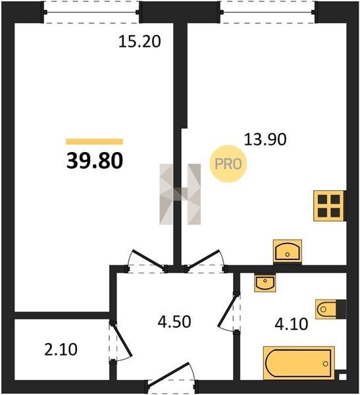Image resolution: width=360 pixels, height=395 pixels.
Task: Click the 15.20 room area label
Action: click(x=140, y=41)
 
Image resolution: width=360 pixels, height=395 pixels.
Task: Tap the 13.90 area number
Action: click(x=265, y=140)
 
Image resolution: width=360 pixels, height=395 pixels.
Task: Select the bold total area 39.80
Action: click(x=95, y=161)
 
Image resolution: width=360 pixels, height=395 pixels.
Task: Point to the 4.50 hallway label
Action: click(x=174, y=322)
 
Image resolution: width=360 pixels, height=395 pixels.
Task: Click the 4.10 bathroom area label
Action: click(x=292, y=324)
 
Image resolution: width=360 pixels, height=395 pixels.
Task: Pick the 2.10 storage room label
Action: click(x=61, y=350)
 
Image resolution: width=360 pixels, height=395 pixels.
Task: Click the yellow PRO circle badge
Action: click(x=228, y=164)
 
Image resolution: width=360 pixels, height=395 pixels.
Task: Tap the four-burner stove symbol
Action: click(x=329, y=206)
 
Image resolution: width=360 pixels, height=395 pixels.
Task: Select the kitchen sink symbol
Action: click(x=288, y=251)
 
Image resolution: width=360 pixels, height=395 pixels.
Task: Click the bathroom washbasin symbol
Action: click(x=265, y=283)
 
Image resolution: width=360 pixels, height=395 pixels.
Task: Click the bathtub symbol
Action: click(x=299, y=363)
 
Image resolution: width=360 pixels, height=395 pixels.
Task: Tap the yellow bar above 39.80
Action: click(x=95, y=142)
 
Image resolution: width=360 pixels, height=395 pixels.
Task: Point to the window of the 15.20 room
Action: click(x=91, y=12)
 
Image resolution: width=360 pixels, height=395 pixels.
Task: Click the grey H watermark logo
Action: click(x=180, y=194)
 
